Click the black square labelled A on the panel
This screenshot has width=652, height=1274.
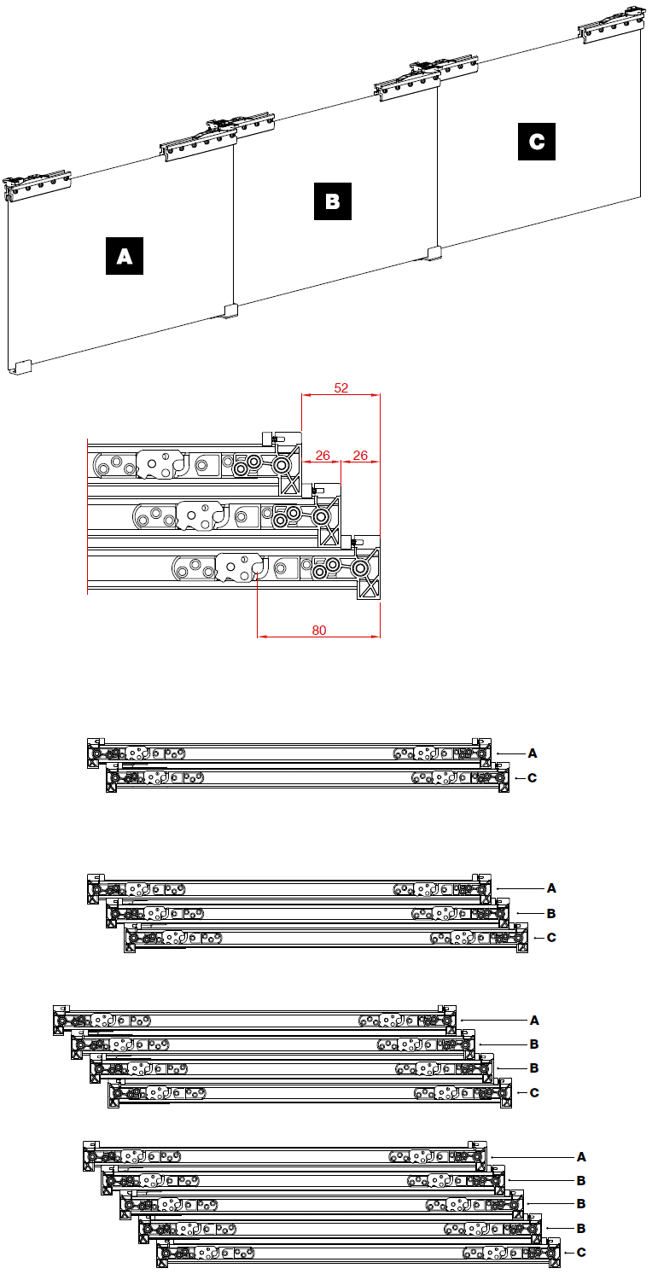point(125,256)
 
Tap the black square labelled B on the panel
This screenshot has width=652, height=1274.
point(333,201)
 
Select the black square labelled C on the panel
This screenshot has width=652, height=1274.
point(537,142)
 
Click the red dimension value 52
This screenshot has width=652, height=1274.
point(341,388)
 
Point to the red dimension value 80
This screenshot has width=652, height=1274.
point(319,631)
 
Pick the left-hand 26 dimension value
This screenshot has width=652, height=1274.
point(323,456)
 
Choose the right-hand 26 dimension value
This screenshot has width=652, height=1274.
point(360,456)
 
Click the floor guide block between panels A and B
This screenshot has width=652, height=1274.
point(230,311)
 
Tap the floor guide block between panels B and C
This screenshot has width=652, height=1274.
point(434,253)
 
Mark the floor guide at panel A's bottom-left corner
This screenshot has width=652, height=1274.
point(22,368)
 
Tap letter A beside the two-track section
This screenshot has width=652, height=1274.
point(533,753)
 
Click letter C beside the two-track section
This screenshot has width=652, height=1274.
point(533,777)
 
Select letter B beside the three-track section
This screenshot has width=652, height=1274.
point(551,913)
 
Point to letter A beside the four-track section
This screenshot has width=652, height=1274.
point(534,1021)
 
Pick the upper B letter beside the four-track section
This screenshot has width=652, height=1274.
point(534,1044)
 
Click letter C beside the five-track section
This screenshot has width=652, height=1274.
point(581,1253)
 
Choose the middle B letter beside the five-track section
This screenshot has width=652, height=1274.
point(581,1204)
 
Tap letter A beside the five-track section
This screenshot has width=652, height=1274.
point(581,1157)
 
